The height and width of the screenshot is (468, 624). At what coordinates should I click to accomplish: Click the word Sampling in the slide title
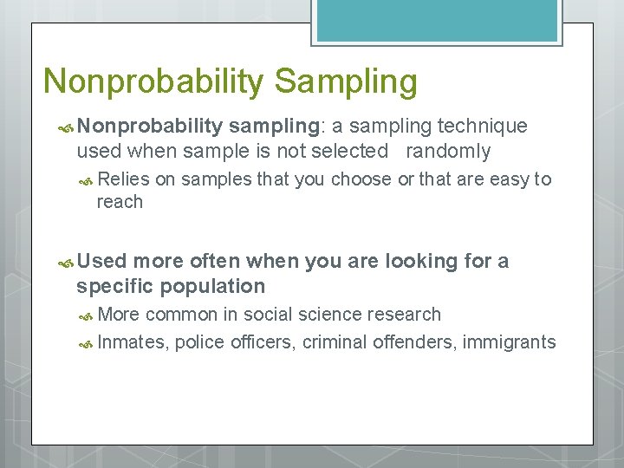(346, 82)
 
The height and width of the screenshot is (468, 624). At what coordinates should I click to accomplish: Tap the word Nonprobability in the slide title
(153, 82)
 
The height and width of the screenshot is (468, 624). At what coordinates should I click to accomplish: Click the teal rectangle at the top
(436, 19)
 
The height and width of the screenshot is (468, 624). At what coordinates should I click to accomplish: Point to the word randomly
(448, 151)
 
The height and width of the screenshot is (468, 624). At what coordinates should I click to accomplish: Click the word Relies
(124, 179)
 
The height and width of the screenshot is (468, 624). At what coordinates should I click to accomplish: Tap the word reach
(120, 202)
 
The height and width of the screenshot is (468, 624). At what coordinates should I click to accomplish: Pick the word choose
(361, 179)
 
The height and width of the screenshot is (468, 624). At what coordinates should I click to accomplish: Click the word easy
(509, 179)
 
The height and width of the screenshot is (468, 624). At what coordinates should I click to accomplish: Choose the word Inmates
(133, 341)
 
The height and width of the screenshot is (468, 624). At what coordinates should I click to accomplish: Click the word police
(199, 341)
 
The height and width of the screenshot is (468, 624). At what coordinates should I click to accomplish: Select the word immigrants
(509, 341)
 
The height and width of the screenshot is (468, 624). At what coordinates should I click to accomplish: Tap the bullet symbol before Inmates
(87, 342)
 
